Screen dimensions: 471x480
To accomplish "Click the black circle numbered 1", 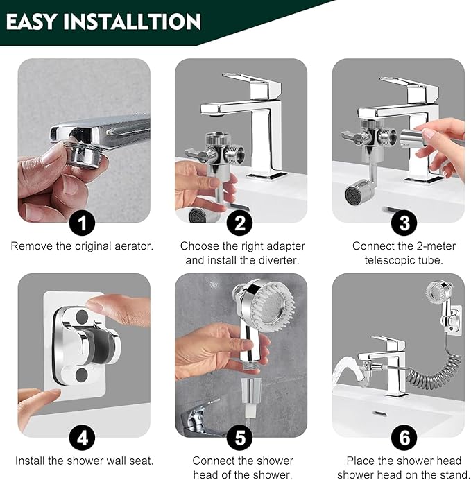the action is point(82,223).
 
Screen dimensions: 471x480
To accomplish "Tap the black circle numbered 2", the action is point(239,223).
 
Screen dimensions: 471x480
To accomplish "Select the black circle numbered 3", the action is point(404,223).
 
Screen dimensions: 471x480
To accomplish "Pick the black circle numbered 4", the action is point(82,438).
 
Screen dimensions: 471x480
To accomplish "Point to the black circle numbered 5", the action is point(239,438).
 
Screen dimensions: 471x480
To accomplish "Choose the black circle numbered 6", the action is point(404,438).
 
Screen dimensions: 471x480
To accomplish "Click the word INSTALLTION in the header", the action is point(132,22).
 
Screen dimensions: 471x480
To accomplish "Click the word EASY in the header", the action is point(32,22).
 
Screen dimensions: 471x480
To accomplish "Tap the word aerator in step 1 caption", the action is point(133,246).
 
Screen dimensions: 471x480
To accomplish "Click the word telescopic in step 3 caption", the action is point(390,261).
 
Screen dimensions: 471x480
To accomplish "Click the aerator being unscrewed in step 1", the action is point(87,154).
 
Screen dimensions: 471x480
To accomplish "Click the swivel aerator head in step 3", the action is point(359,191).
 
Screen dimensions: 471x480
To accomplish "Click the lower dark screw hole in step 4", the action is point(82,375).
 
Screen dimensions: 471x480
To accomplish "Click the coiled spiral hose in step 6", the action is point(434,367).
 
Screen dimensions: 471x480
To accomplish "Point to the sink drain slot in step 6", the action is point(380,414).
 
